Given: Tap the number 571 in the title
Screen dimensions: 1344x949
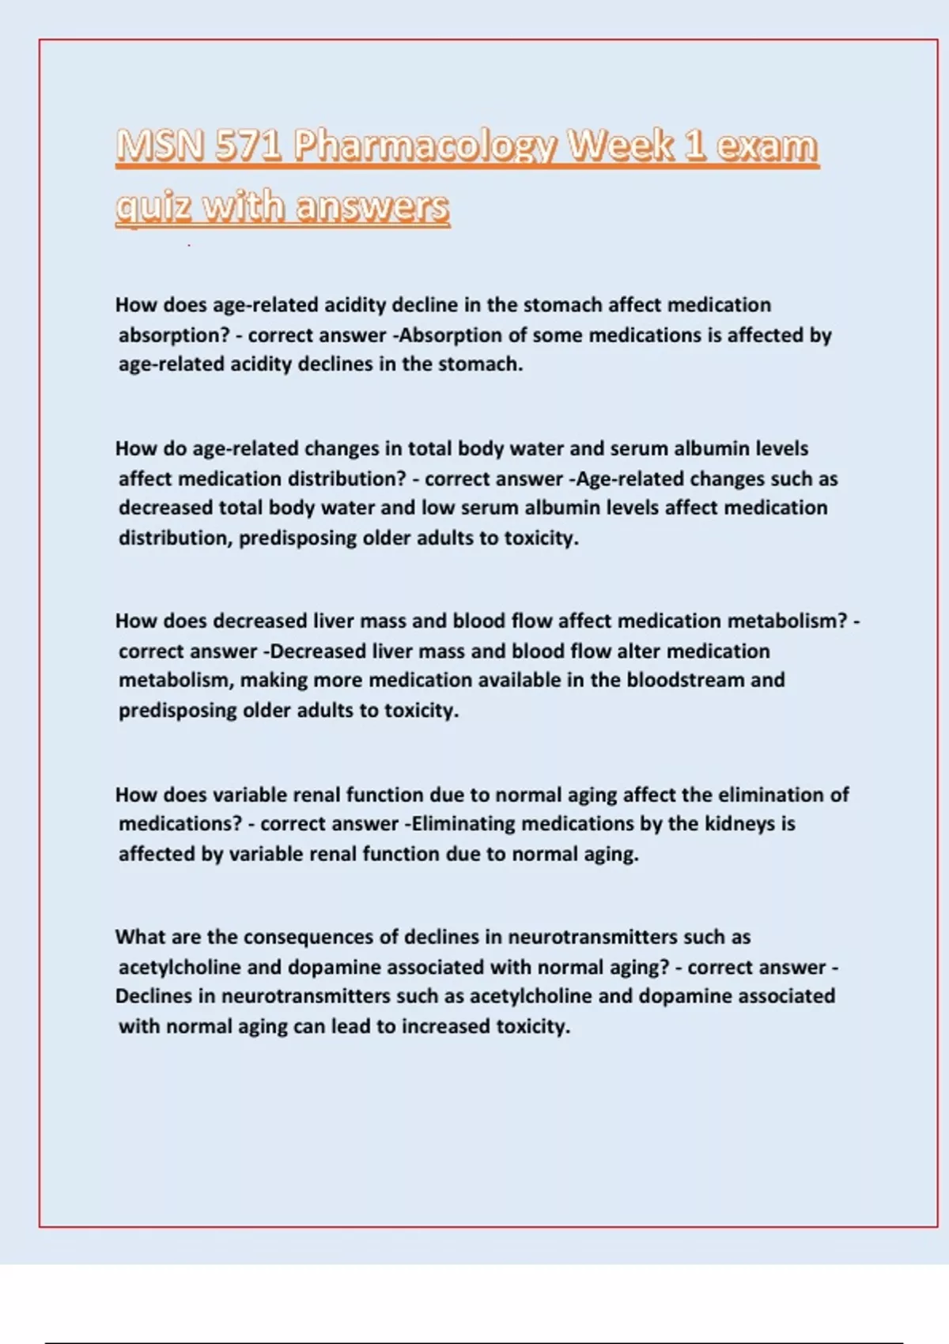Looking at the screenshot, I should (x=248, y=146).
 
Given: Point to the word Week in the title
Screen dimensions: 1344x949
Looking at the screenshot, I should (x=621, y=146).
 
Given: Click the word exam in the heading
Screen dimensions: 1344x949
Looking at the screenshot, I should (x=766, y=146).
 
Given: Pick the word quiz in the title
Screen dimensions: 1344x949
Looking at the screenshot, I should (x=153, y=207).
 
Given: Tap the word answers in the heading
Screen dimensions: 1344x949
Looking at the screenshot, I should (x=372, y=207).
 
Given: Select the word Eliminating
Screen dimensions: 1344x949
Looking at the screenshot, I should (x=463, y=824).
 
